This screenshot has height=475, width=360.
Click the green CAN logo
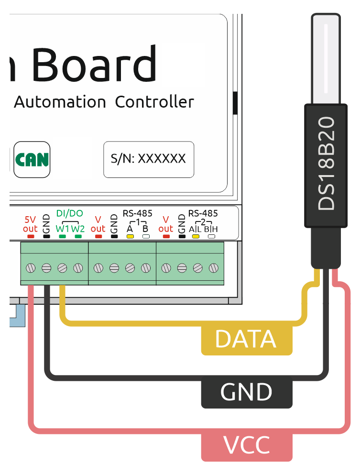click(x=32, y=159)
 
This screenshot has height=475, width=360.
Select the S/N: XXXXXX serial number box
click(x=149, y=159)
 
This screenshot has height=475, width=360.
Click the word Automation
click(x=60, y=102)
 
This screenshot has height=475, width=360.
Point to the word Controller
click(x=154, y=102)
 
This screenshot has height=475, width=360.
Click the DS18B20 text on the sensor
click(x=327, y=165)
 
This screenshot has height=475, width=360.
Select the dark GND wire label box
click(x=246, y=392)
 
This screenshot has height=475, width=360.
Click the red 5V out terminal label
click(x=30, y=224)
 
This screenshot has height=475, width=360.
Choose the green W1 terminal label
click(x=62, y=229)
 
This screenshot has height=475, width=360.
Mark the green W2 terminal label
click(x=78, y=229)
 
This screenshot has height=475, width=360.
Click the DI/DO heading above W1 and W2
click(x=70, y=213)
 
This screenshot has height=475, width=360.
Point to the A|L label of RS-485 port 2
click(x=195, y=229)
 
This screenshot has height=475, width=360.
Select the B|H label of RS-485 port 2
click(x=211, y=229)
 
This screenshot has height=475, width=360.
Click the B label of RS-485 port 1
click(x=145, y=229)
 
